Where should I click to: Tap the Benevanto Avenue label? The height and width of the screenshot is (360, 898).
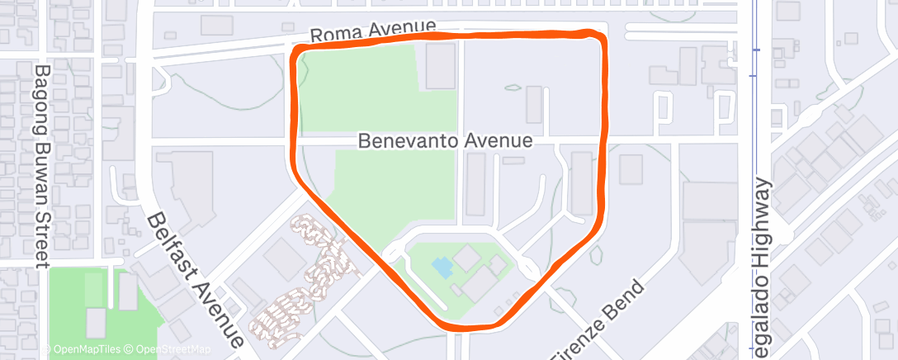[445, 141]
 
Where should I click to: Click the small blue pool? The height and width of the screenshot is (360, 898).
[442, 267]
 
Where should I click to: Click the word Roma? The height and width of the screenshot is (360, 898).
[335, 35]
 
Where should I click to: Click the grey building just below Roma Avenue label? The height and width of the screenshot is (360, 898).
[440, 66]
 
